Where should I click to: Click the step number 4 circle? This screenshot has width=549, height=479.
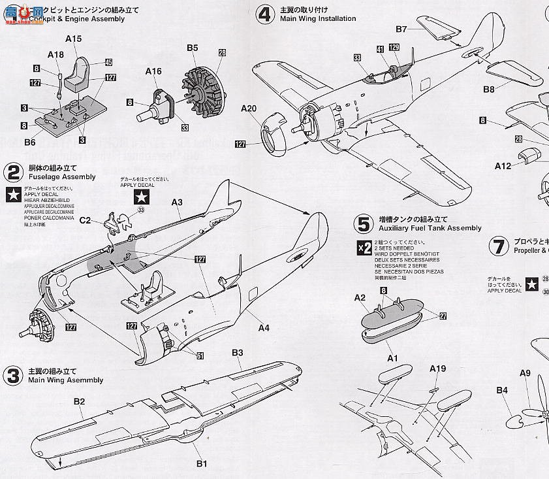(x=264, y=14)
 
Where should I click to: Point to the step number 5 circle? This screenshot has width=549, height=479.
(x=363, y=223)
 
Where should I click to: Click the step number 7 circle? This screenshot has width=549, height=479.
(x=499, y=246)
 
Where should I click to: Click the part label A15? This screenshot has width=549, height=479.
(x=74, y=40)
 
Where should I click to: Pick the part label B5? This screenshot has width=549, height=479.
(x=192, y=48)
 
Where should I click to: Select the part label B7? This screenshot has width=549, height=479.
(x=401, y=29)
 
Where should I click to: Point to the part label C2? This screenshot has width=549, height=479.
(x=86, y=221)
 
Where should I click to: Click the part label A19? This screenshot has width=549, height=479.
(x=437, y=369)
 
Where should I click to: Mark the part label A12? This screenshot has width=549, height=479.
(x=503, y=166)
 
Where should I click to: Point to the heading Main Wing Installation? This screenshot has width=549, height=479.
(x=317, y=19)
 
